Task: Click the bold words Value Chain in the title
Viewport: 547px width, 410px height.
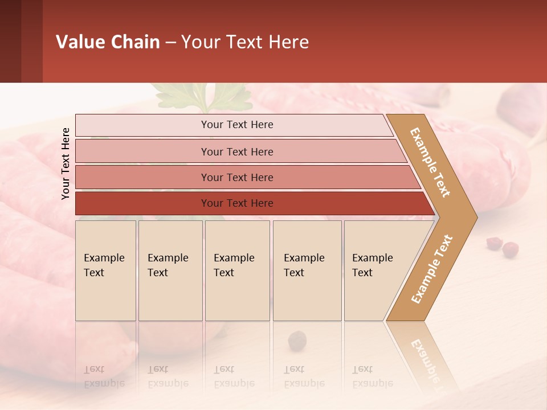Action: point(108,42)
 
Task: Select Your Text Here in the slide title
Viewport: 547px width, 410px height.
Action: point(245,42)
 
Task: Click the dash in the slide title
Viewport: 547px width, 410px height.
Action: point(170,43)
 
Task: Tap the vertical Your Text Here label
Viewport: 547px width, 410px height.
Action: point(66,163)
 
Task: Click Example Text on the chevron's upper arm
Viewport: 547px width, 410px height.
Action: point(430,162)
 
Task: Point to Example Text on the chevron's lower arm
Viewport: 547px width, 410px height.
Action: point(432,269)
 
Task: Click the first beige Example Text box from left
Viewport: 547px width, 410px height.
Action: point(105,270)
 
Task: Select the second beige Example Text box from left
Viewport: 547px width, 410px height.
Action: point(170,270)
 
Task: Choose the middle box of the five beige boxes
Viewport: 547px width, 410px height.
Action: point(237,270)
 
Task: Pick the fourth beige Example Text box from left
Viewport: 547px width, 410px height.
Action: point(307,270)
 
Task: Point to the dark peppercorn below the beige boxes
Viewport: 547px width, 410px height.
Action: point(297,341)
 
